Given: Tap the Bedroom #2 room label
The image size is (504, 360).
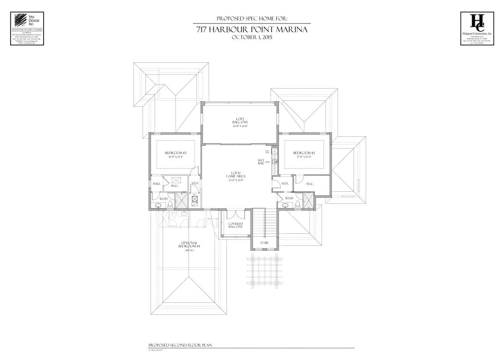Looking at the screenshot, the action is pos(303,153).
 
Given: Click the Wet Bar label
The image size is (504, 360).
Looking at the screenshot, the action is pos(261,161).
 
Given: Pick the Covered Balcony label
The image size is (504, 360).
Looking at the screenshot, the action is pos(235,225).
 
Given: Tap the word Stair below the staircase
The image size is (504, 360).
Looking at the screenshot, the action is pos(264,242).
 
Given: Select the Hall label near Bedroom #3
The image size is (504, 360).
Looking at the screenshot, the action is pos(157,184).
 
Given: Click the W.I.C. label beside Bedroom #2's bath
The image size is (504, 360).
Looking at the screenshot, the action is pos(310,184).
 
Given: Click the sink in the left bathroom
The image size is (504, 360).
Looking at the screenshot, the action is pos(157,204).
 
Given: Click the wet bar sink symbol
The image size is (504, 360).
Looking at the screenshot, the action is pos(275,162).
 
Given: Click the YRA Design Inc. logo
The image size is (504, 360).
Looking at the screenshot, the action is pos(27,28).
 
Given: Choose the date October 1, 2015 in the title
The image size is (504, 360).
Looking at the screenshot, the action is pos(252,37).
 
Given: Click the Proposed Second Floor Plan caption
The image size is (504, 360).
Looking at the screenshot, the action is pos(180,345).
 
